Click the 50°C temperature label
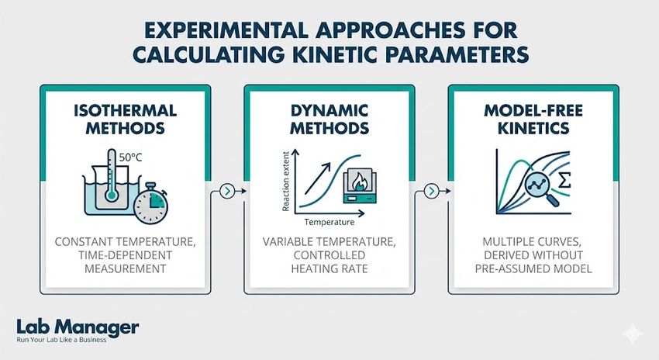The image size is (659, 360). pyautogui.click(x=129, y=159)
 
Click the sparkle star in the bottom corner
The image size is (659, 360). pyautogui.click(x=633, y=333)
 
